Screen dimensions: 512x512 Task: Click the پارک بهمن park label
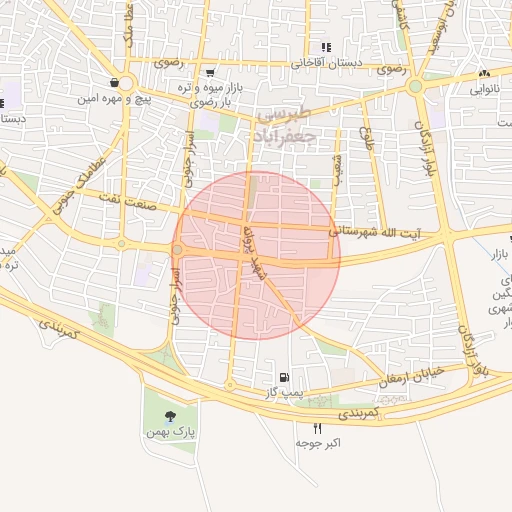pos(173,432)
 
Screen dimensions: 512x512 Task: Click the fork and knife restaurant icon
pos(318,428)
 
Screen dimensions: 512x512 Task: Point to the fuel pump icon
pos(286,378)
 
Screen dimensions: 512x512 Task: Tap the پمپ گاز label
pos(283,392)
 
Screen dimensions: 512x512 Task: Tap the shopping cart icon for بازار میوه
pos(209,72)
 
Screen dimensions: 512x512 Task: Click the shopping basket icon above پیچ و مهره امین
pos(116,83)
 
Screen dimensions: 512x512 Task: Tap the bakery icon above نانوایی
pos(485,74)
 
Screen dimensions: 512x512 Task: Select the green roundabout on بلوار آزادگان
pos(414,86)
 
